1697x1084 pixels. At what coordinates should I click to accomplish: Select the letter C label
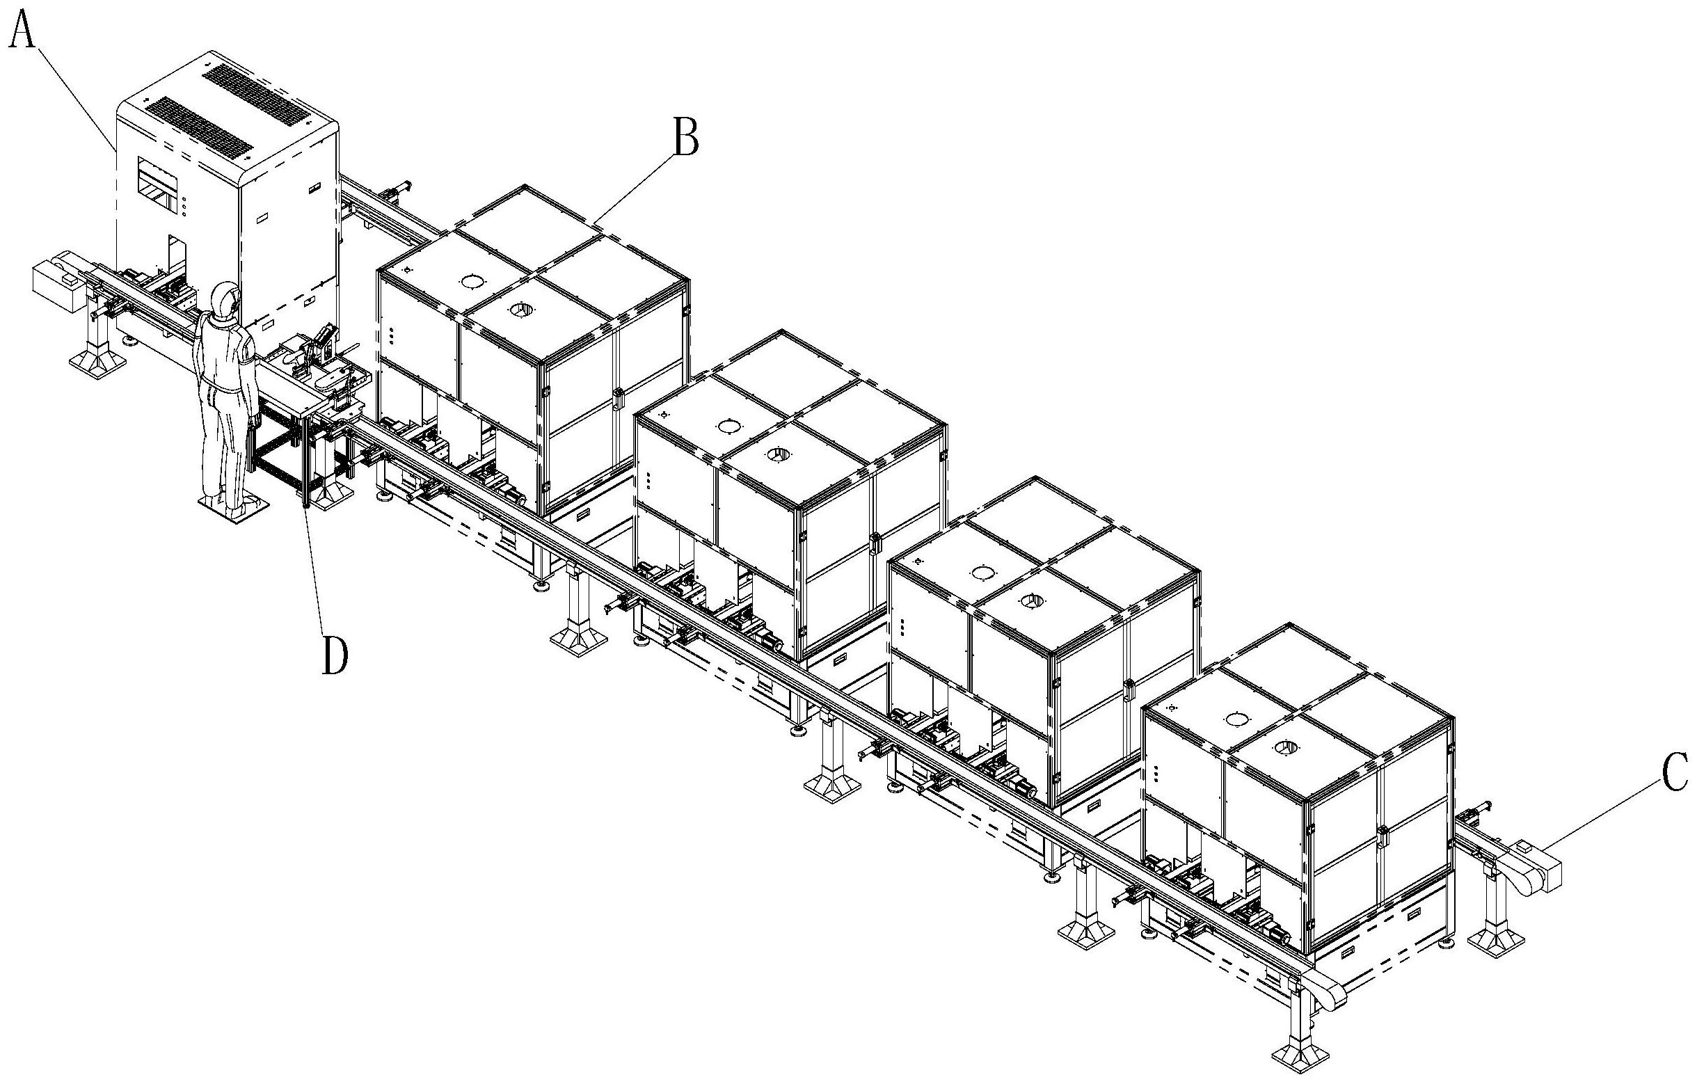1675,772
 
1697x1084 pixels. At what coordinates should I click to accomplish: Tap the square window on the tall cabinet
158,184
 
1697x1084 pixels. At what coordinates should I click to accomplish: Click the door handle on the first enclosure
618,397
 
